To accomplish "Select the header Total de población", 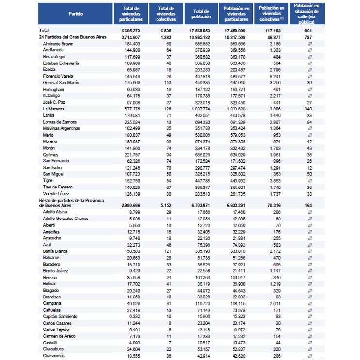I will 201,14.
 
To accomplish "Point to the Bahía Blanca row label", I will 55,251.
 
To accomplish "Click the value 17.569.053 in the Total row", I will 201,30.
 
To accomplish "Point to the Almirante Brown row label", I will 59,44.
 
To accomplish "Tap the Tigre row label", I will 48,180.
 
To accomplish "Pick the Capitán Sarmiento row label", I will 60,316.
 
